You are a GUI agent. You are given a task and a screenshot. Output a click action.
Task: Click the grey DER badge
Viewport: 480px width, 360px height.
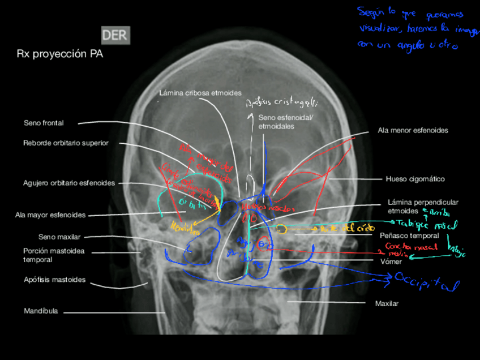click(115, 35)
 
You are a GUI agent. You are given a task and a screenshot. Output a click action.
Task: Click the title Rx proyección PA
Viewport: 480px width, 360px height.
click(60, 54)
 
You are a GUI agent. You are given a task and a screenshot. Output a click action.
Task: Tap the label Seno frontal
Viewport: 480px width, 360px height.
click(44, 122)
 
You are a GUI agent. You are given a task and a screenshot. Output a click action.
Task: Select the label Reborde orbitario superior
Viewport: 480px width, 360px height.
click(66, 143)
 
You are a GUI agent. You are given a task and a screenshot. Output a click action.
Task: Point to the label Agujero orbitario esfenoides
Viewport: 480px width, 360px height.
click(69, 183)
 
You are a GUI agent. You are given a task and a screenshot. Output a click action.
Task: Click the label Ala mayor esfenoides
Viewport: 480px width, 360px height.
click(50, 215)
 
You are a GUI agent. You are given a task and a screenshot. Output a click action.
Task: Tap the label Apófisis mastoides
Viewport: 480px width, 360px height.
click(55, 280)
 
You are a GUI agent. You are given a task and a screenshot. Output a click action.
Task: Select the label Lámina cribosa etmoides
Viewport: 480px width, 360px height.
click(200, 92)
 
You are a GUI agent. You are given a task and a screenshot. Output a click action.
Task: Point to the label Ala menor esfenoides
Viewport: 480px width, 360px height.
click(413, 130)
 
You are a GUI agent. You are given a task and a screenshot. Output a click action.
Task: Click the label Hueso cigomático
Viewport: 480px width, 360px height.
click(415, 179)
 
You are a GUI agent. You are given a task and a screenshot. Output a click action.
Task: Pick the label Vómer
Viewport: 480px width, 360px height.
click(392, 262)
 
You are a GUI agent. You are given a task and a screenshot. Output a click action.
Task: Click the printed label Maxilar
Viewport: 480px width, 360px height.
click(387, 303)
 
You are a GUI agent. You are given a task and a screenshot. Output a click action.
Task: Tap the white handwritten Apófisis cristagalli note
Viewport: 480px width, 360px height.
click(281, 102)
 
